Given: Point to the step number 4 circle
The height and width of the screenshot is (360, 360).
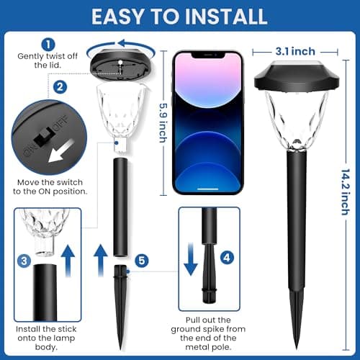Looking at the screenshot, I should click(x=227, y=257).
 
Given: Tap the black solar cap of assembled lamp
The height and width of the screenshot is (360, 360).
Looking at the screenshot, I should click(x=292, y=76).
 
